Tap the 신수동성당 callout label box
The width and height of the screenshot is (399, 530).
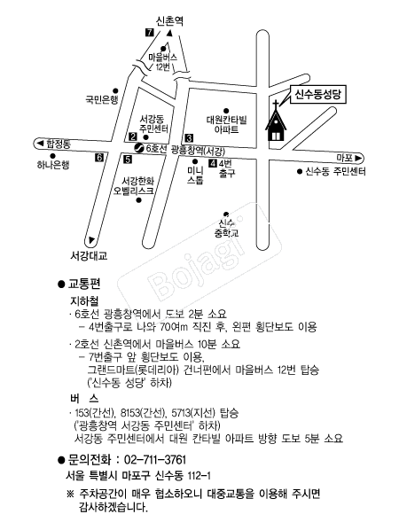317,95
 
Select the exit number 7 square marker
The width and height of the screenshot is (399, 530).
149,33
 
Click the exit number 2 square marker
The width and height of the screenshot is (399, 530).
133,136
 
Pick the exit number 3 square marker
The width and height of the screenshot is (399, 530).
189,138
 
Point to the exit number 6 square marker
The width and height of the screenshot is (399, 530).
99,158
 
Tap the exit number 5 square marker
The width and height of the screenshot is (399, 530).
128,159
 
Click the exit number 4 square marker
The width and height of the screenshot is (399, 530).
213,164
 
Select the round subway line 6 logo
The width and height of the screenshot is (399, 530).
139,148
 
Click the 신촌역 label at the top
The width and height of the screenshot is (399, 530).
169,21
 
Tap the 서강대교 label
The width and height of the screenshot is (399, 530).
89,255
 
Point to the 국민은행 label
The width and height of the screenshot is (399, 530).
101,100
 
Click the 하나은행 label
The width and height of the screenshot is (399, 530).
53,165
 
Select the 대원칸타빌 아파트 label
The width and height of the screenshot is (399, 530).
227,125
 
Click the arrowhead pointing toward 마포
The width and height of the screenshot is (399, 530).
359,158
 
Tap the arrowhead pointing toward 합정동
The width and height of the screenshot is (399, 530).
41,144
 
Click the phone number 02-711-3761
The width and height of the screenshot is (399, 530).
155,460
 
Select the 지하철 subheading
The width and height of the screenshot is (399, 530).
84,300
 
